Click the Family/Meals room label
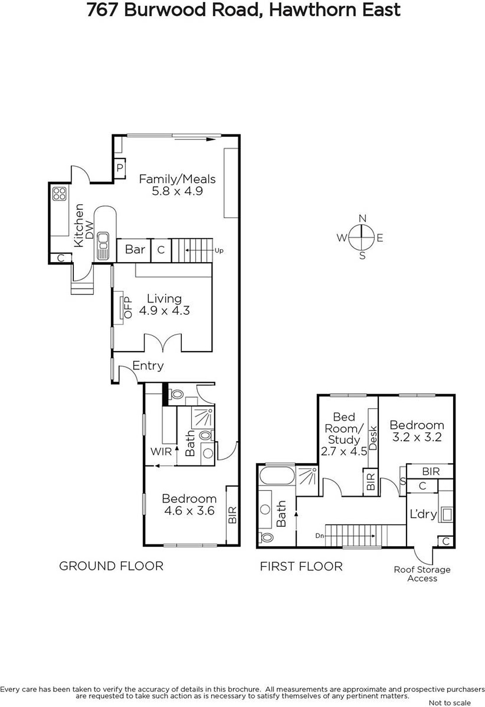click(x=177, y=179)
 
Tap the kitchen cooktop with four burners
click(x=59, y=194)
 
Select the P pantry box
click(x=120, y=167)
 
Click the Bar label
click(x=135, y=250)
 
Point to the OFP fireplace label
click(x=128, y=308)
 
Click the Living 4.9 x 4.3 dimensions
click(x=165, y=311)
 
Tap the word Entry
click(x=148, y=366)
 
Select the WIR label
click(x=161, y=452)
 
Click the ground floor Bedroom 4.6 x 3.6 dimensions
click(x=189, y=511)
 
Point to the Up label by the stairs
click(x=219, y=251)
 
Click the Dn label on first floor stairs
click(x=319, y=536)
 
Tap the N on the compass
click(x=362, y=218)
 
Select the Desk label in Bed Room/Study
click(x=373, y=438)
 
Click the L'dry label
click(x=423, y=514)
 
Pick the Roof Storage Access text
click(x=422, y=574)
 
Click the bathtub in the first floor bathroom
click(x=277, y=476)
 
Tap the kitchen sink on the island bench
click(x=103, y=246)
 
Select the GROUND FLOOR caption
click(x=111, y=566)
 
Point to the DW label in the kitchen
click(x=90, y=230)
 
